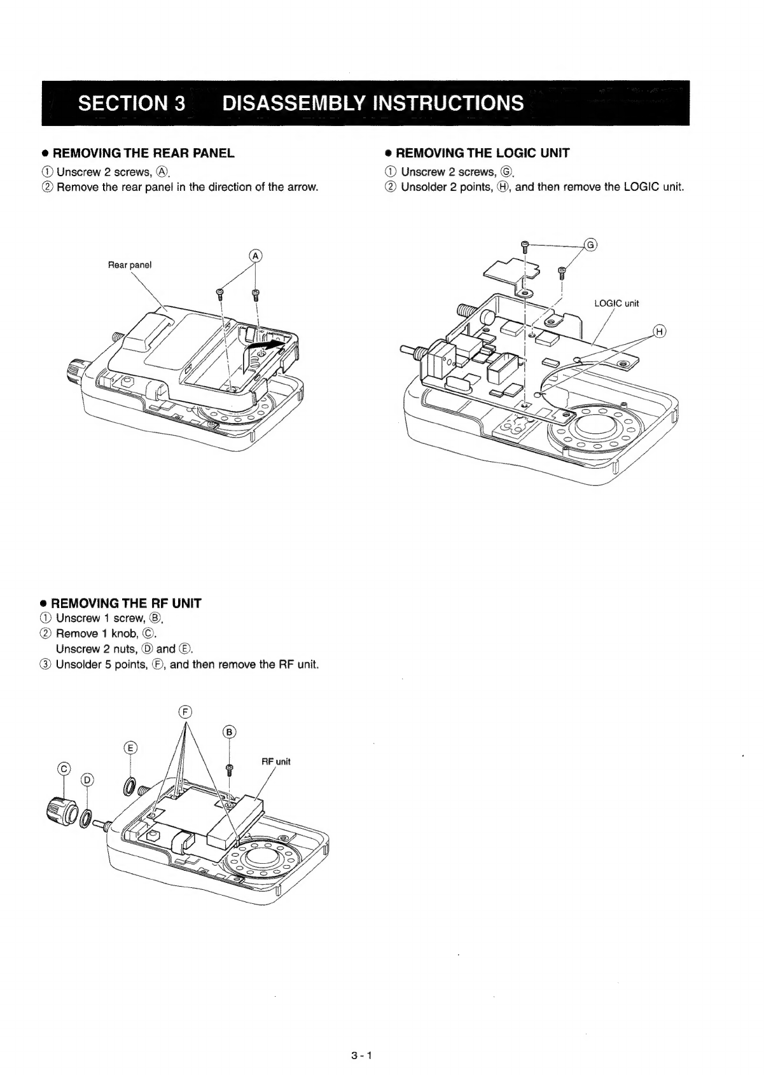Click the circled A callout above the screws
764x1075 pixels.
256,256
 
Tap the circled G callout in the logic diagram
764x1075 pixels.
591,246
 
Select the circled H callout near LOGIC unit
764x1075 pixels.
660,331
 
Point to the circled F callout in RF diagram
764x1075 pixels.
186,711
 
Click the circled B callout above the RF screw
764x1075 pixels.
230,732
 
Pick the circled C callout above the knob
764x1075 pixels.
64,768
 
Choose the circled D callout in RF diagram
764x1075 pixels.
87,780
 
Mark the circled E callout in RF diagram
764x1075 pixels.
130,747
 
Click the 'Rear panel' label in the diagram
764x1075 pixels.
130,265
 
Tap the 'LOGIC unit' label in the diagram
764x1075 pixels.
616,303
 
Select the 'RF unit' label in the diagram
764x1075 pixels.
276,761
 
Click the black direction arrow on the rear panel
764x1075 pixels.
268,344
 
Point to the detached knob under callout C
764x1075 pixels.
62,811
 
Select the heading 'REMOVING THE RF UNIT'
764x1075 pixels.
126,603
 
